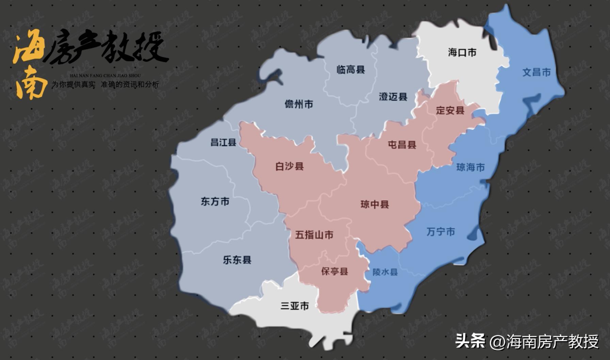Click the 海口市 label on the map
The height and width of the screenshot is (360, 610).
click(x=462, y=53)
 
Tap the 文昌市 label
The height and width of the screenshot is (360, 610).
click(x=536, y=72)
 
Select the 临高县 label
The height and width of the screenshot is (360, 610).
click(x=351, y=70)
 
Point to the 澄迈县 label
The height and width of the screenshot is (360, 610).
click(x=393, y=97)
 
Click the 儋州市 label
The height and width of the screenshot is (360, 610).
click(x=299, y=104)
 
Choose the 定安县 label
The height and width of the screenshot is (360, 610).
click(x=450, y=111)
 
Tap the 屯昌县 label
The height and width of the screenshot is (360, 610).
click(x=402, y=145)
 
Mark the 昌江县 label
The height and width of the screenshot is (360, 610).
click(x=223, y=142)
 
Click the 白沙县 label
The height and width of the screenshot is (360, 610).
click(x=289, y=166)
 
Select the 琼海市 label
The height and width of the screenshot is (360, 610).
click(x=470, y=167)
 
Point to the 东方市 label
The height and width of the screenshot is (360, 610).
click(x=215, y=201)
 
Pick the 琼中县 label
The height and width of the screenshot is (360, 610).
click(x=374, y=204)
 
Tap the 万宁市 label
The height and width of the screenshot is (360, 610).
click(x=440, y=232)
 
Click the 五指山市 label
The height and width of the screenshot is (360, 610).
click(x=314, y=235)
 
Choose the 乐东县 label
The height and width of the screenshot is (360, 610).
click(x=237, y=260)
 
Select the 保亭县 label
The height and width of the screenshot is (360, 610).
click(x=335, y=272)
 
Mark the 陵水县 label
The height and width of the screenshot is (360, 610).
click(x=385, y=272)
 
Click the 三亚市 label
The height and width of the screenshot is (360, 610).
click(x=294, y=306)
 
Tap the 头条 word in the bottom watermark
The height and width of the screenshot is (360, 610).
click(x=470, y=341)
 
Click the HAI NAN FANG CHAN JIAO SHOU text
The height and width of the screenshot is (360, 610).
click(x=105, y=76)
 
